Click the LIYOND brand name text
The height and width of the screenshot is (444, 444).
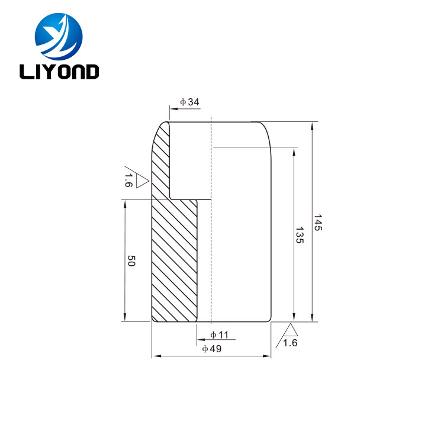tap(59, 72)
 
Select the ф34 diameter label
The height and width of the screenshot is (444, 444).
tap(189, 102)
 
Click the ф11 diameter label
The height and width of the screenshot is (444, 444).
tap(219, 335)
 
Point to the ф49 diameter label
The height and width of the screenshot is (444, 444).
tap(211, 349)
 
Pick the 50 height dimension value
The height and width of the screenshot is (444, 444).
tap(131, 260)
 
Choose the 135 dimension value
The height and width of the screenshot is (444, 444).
tap(299, 235)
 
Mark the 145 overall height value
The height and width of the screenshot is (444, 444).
tap(318, 223)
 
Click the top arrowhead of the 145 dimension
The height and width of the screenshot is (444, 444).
tap(311, 126)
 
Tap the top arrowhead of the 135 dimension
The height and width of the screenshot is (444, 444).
tap(293, 150)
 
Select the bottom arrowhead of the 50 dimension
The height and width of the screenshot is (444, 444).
tap(124, 318)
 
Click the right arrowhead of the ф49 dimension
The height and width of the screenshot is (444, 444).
tap(267, 356)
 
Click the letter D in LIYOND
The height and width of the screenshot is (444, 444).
tap(91, 72)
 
